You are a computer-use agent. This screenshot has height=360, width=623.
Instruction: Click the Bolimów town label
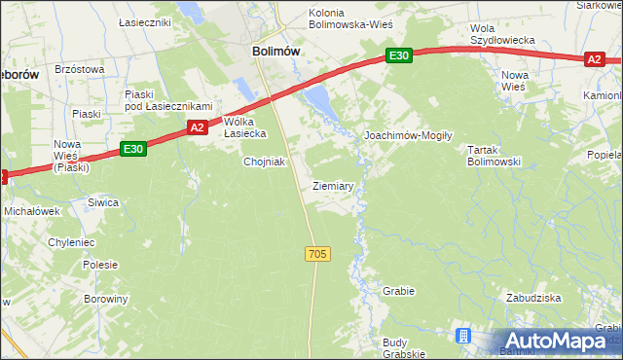[275, 51]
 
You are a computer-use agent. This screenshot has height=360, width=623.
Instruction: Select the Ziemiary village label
[333, 185]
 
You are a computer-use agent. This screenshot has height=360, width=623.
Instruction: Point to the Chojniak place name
[264, 162]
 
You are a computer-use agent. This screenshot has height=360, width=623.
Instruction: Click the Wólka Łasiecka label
[245, 127]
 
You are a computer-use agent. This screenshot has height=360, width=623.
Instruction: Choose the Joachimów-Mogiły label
[408, 136]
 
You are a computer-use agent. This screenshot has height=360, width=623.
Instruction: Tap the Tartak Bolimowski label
[494, 156]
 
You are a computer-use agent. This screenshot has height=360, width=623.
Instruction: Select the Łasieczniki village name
[144, 21]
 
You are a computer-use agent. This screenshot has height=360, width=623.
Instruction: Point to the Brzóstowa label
[79, 69]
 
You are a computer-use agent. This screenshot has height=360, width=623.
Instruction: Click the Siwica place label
[102, 202]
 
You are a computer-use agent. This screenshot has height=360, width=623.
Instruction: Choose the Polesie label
[100, 265]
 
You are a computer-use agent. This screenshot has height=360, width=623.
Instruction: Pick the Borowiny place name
[105, 299]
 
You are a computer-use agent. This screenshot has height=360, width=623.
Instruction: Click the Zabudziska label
[531, 298]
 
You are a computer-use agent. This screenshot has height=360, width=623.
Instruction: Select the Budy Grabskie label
[407, 347]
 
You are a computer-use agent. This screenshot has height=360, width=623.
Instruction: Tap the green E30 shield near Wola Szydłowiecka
[398, 56]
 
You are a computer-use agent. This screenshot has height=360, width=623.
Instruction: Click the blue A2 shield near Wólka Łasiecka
[197, 127]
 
